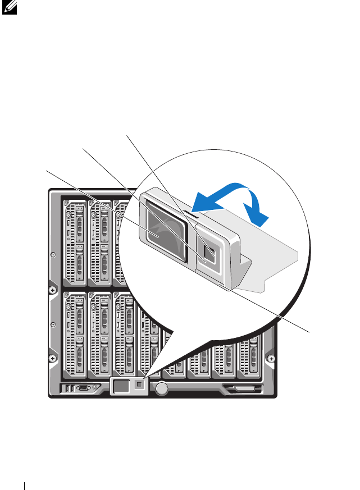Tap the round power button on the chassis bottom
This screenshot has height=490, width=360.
[x=162, y=388]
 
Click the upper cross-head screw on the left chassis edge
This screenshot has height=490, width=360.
[x=52, y=290]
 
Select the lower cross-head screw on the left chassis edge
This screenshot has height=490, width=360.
[x=52, y=358]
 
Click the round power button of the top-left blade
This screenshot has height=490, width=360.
[x=71, y=215]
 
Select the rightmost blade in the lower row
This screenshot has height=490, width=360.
[x=250, y=354]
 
